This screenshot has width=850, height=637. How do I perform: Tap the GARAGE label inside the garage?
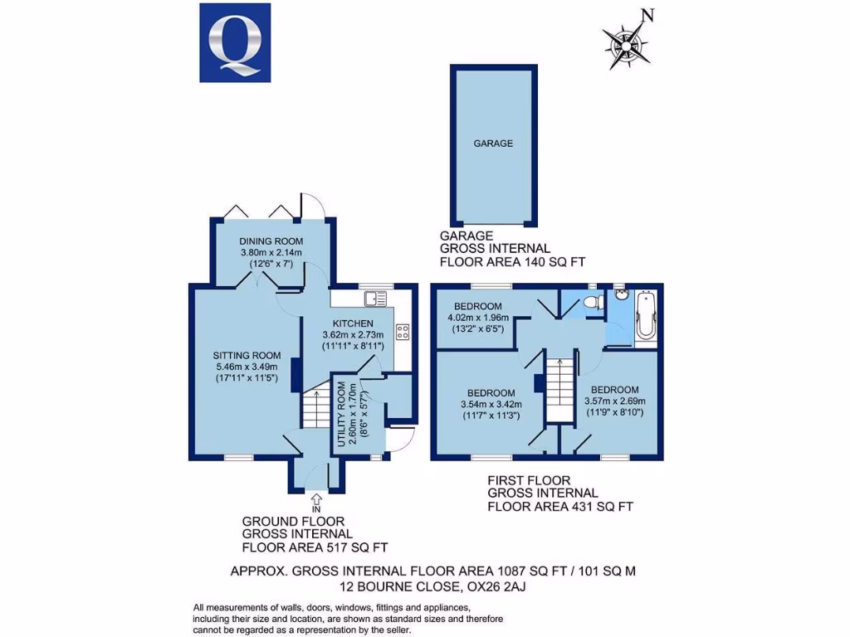[493, 143]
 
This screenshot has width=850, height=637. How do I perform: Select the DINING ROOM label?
[266, 241]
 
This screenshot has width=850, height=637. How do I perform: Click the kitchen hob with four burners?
[403, 332]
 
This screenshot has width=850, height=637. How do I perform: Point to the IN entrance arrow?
[317, 498]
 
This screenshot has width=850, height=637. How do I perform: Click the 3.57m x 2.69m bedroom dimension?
[615, 401]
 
